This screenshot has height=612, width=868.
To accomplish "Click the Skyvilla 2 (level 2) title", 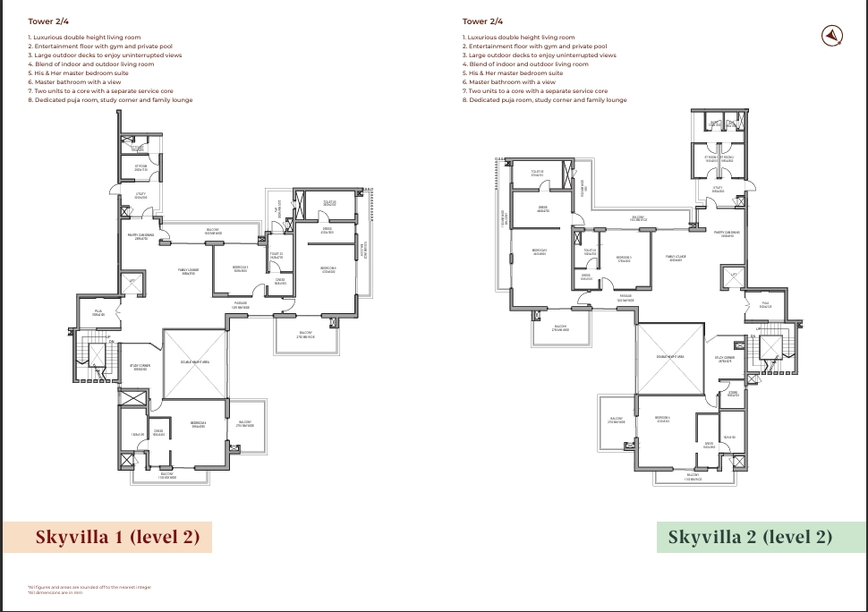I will (x=750, y=538).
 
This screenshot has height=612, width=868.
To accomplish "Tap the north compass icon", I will (x=832, y=35).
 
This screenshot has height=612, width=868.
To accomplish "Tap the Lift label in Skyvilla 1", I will (x=132, y=280).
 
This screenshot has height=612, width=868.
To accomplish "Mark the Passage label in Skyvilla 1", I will (x=241, y=305).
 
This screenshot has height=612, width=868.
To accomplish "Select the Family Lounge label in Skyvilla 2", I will (x=675, y=257).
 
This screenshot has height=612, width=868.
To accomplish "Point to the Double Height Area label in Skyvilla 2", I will (x=668, y=356).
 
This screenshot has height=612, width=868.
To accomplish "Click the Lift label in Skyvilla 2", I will (x=734, y=275).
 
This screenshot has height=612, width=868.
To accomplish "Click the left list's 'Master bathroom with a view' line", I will (x=72, y=81).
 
